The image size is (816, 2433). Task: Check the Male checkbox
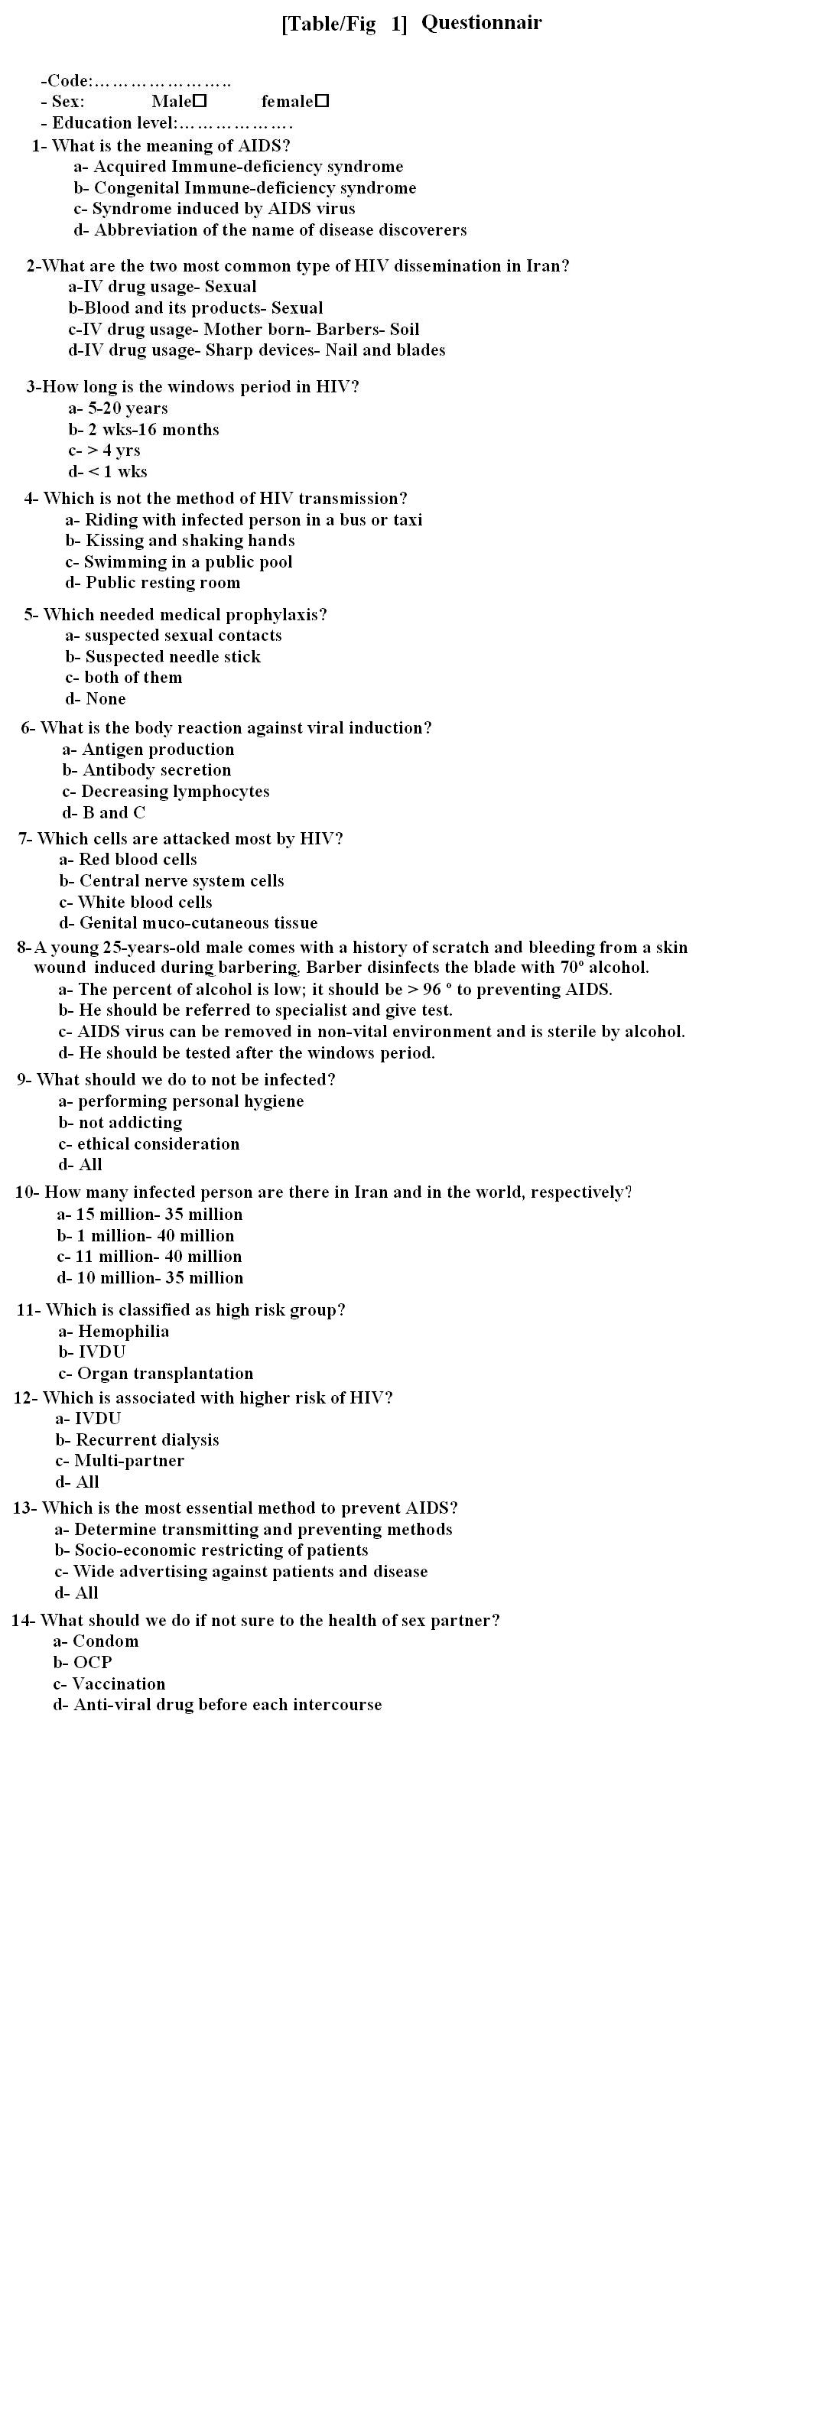[200, 101]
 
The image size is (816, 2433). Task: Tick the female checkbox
[322, 101]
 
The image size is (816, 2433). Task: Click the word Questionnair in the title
[481, 23]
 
